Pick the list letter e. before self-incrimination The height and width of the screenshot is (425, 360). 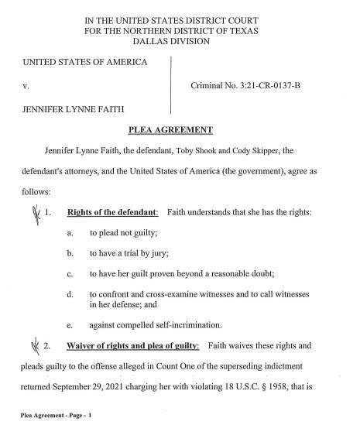(x=70, y=315)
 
